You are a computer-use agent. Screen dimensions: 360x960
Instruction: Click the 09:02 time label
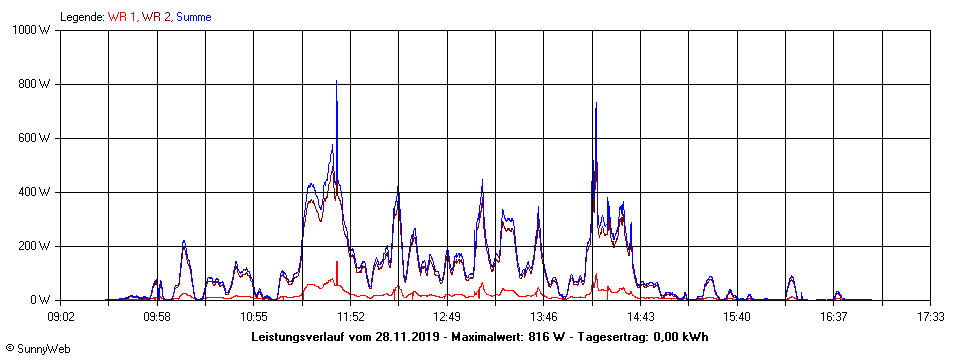(61, 316)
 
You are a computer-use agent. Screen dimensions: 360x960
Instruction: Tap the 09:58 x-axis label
(158, 316)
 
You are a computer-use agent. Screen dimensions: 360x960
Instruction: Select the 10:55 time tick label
(254, 316)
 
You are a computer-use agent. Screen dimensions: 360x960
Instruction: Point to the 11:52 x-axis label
(351, 316)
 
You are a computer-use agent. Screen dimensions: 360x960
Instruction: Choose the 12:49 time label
(447, 316)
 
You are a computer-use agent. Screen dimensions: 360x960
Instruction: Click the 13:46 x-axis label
(544, 316)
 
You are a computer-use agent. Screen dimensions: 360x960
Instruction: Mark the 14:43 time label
(640, 316)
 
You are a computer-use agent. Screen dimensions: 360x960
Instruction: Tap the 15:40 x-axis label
(737, 316)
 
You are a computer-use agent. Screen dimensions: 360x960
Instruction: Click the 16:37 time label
(833, 316)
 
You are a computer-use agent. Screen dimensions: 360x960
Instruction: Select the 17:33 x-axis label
(930, 316)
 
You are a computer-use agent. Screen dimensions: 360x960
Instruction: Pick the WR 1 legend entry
(123, 17)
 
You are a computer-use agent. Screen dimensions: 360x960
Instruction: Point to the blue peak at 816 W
(336, 81)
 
